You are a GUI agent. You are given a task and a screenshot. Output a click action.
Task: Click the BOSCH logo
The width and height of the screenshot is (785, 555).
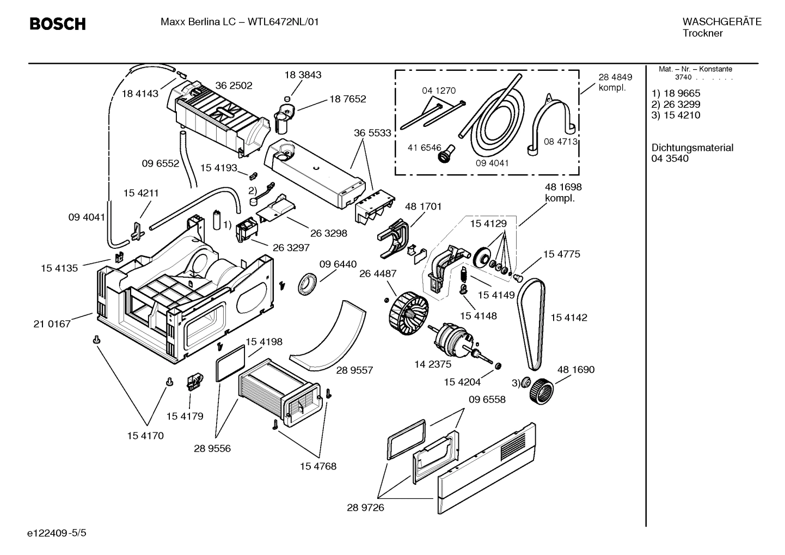click(x=57, y=24)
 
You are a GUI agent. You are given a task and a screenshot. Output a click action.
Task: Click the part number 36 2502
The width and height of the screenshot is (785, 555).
click(x=234, y=86)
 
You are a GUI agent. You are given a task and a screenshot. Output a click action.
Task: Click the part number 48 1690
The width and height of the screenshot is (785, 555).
click(x=575, y=369)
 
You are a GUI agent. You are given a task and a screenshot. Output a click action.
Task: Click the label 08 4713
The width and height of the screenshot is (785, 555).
click(x=560, y=142)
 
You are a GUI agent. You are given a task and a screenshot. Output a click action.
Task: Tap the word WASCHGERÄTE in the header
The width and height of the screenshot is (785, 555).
click(x=721, y=22)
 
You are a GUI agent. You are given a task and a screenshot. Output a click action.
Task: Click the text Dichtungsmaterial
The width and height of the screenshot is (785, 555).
click(x=692, y=148)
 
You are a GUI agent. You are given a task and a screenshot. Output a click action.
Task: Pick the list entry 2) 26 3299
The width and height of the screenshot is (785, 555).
click(x=676, y=104)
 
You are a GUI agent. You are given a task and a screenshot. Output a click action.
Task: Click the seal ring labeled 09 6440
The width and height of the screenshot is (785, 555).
click(x=308, y=284)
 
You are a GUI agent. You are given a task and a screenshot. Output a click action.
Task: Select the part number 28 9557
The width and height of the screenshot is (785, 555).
click(x=354, y=370)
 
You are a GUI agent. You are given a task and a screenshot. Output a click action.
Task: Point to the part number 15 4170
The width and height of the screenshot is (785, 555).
click(x=145, y=436)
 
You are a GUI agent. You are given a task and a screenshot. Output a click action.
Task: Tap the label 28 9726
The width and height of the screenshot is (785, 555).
click(x=365, y=508)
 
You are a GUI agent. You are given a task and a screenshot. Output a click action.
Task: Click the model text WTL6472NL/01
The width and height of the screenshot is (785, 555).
click(x=283, y=22)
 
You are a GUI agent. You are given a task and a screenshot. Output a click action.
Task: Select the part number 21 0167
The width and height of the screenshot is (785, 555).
click(x=52, y=324)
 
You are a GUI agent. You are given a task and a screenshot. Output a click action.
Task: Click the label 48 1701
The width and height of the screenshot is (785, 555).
click(x=423, y=206)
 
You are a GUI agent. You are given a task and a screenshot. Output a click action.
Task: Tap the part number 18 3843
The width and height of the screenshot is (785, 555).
click(x=303, y=75)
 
